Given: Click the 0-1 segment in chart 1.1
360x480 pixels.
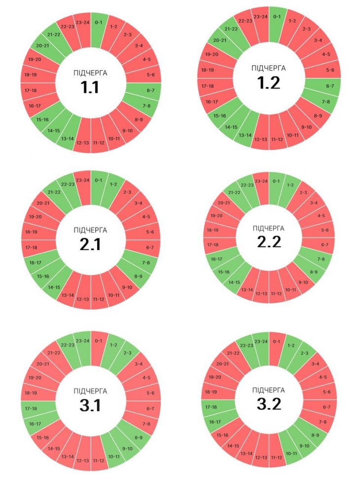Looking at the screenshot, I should (99, 22).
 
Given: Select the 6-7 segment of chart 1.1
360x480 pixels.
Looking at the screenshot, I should (150, 90).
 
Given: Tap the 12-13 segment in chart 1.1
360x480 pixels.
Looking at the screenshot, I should (83, 143).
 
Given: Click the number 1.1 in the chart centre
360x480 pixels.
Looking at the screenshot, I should (90, 87).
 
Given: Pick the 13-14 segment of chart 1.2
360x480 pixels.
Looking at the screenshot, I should (245, 135).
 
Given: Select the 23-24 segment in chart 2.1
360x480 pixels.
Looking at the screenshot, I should (83, 181).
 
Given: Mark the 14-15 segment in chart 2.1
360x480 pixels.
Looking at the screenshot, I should (54, 287).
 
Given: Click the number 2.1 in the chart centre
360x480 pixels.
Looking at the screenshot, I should (90, 244).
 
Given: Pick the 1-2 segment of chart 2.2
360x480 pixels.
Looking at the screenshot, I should (290, 185).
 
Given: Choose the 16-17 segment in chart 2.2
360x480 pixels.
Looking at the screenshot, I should (217, 259).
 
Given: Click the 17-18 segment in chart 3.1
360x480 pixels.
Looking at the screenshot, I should (31, 408).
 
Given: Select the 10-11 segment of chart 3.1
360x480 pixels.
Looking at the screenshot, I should (113, 456).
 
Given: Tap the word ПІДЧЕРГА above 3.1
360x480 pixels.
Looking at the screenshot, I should (90, 391).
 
